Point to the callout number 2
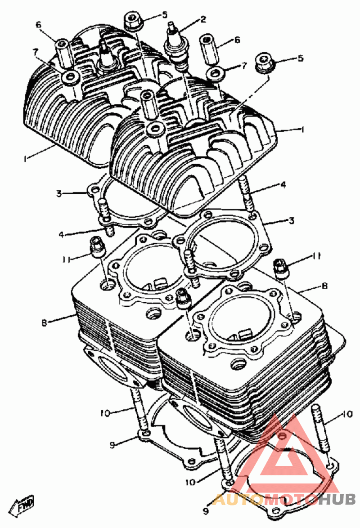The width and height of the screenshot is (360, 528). pyautogui.click(x=203, y=19)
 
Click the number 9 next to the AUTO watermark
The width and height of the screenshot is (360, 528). pyautogui.click(x=206, y=511)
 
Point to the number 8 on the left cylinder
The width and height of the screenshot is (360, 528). pyautogui.click(x=44, y=322)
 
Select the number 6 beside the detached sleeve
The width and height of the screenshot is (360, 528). pyautogui.click(x=237, y=40)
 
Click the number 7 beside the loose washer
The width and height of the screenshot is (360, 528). pyautogui.click(x=244, y=66)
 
